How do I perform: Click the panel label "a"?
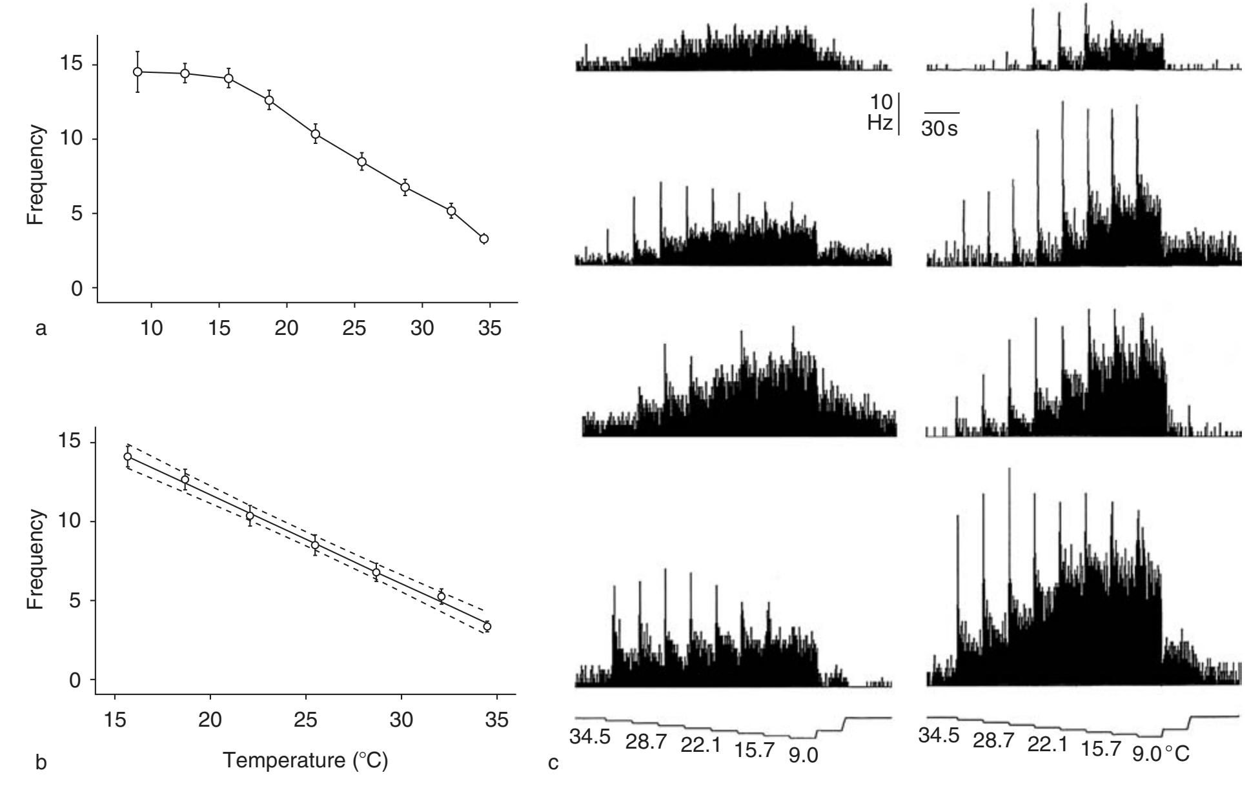point(41,330)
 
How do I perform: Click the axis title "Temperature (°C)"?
point(305,760)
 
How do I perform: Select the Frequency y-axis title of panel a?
point(36,175)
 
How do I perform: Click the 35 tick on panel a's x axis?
point(490,328)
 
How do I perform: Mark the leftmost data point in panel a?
point(137,72)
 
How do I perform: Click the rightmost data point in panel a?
point(483,239)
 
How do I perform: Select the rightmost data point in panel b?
point(487,626)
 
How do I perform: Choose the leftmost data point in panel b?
point(127,456)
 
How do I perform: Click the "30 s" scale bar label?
point(939,129)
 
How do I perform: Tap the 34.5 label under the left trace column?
point(590,736)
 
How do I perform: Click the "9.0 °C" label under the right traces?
point(1160,753)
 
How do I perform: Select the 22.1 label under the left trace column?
point(701,745)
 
